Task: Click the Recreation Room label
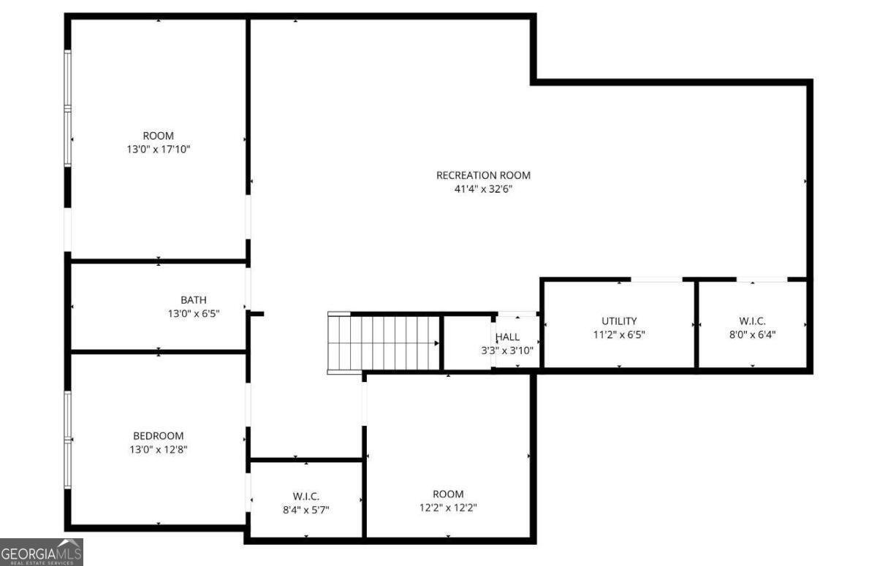(483, 175)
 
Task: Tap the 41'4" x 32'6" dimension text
(483, 189)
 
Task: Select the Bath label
(194, 300)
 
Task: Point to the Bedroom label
(158, 436)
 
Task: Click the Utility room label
(619, 321)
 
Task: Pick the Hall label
(507, 337)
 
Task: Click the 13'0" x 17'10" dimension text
(158, 149)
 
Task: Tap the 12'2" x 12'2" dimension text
(448, 508)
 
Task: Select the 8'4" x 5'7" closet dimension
(306, 510)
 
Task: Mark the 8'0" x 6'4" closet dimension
(753, 334)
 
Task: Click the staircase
(384, 343)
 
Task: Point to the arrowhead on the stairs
(436, 343)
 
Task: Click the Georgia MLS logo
(42, 552)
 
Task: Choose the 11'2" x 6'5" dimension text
(619, 334)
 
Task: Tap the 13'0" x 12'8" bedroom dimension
(158, 449)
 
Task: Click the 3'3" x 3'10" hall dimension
(507, 351)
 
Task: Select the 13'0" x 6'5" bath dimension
(194, 314)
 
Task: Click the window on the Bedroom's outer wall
(68, 440)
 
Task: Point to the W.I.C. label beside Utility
(753, 321)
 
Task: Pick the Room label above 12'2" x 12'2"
(448, 494)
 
